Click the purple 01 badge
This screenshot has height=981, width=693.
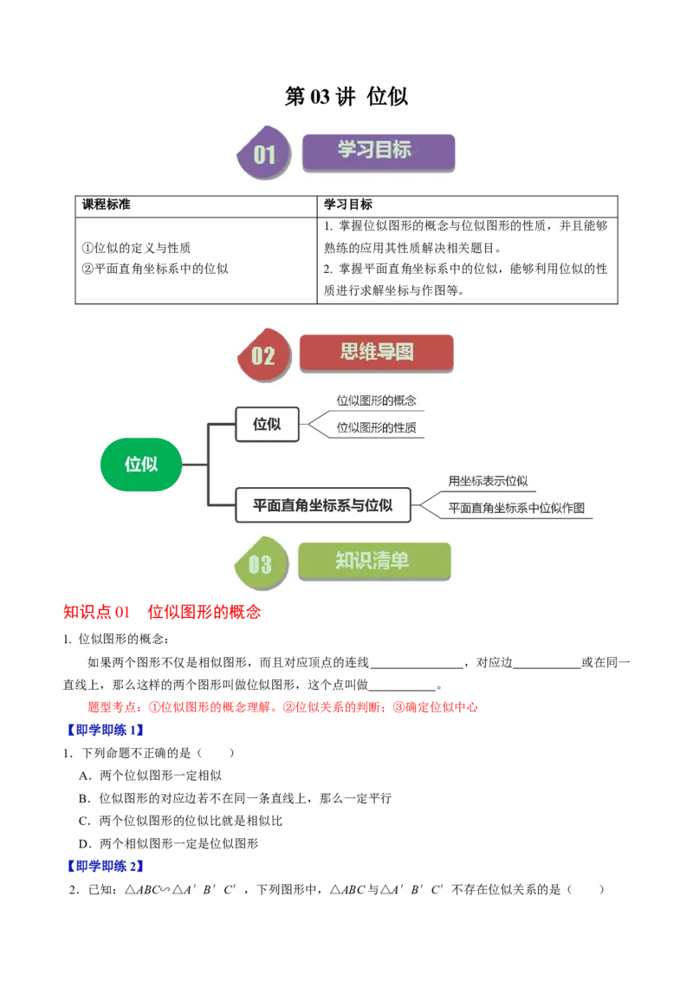tap(262, 154)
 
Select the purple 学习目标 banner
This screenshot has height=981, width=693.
tap(378, 151)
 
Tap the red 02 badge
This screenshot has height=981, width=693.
tap(262, 355)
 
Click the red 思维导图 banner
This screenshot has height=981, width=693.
tap(376, 352)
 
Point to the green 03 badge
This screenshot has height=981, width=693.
tap(259, 564)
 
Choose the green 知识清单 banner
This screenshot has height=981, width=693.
tap(374, 561)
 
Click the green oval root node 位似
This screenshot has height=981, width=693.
tap(140, 465)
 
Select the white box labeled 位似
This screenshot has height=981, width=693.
tap(268, 424)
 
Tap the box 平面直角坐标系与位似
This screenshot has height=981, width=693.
tap(322, 504)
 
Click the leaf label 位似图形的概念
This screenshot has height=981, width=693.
tap(377, 400)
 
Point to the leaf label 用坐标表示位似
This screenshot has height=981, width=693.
tap(488, 481)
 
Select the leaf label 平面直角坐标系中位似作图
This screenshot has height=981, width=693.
tap(516, 508)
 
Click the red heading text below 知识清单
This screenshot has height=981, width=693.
tap(162, 613)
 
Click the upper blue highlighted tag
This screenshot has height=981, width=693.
tap(105, 731)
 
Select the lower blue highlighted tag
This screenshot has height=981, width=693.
tap(105, 866)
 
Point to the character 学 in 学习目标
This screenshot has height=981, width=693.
tap(347, 150)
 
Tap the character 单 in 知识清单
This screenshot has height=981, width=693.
tap(398, 561)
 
